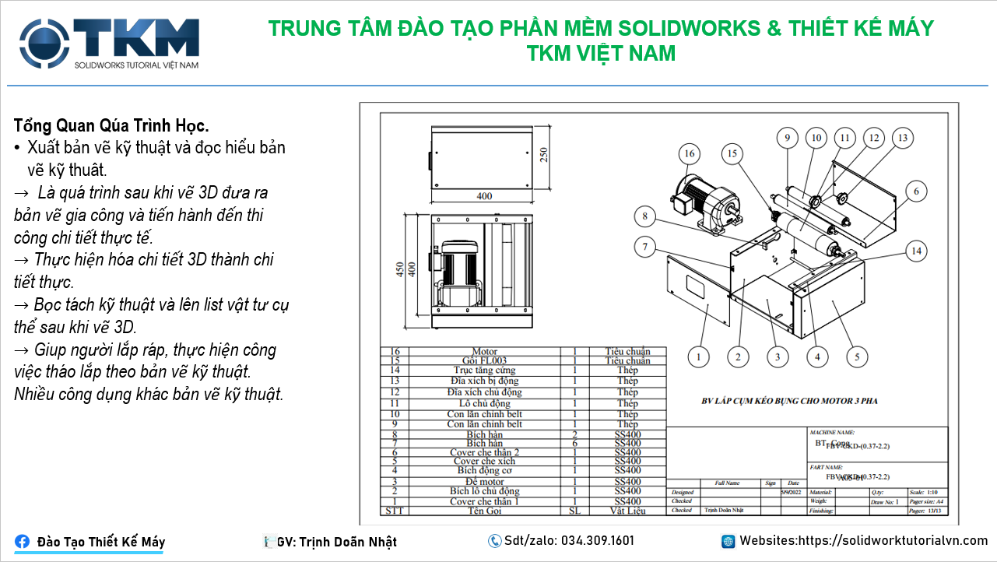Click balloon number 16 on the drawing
pos(689,154)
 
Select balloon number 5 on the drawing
pos(857,357)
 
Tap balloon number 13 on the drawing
pos(902,139)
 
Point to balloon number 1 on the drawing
pos(699,357)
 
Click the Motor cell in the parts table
pos(484,352)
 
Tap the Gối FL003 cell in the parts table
pos(484,361)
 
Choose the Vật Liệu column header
pos(627,511)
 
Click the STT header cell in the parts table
pos(394,511)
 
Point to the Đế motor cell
pos(484,482)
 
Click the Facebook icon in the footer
pos(23,542)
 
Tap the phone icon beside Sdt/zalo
pos(495,541)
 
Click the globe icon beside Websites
pos(728,541)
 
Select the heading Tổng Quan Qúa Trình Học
pos(111,125)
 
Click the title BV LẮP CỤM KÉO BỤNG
pos(789,402)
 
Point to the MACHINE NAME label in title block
pos(832,431)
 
